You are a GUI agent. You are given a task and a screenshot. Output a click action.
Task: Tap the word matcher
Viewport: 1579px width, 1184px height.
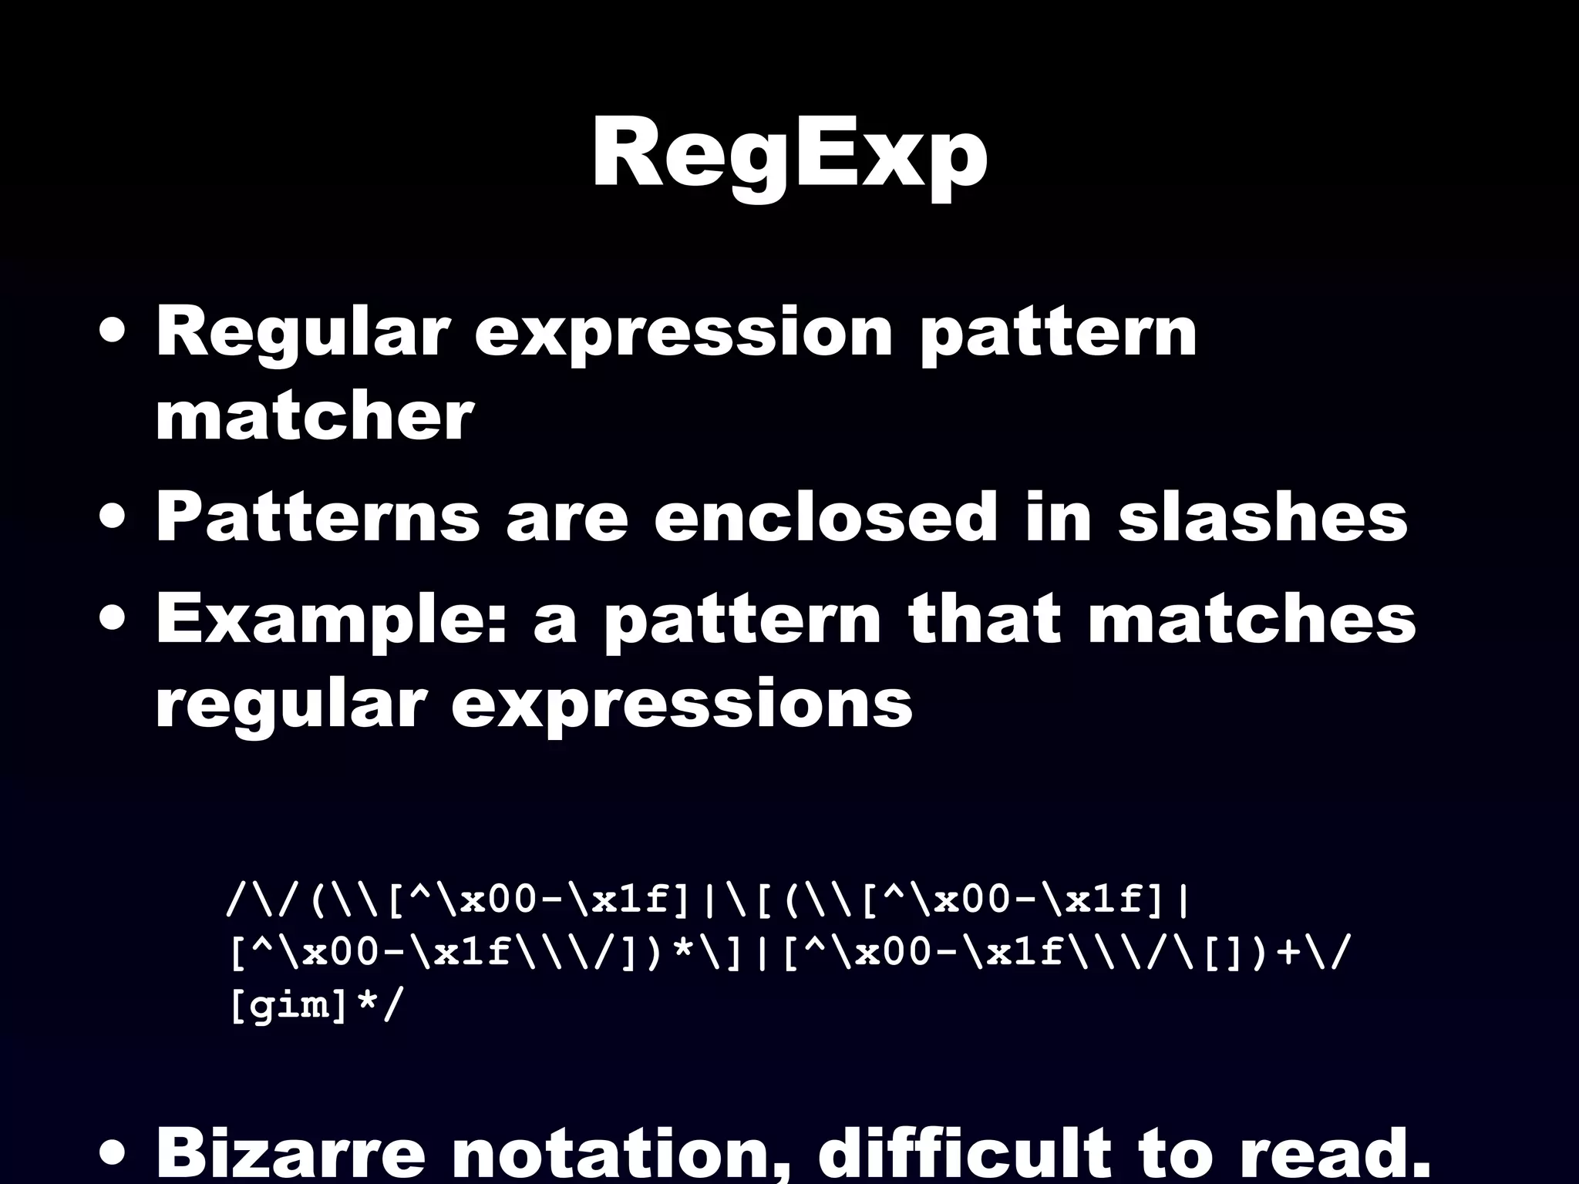pos(314,417)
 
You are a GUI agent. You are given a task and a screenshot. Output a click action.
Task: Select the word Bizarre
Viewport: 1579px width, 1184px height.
pos(291,1156)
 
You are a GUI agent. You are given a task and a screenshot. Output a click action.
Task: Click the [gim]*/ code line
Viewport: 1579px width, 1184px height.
pos(315,1007)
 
